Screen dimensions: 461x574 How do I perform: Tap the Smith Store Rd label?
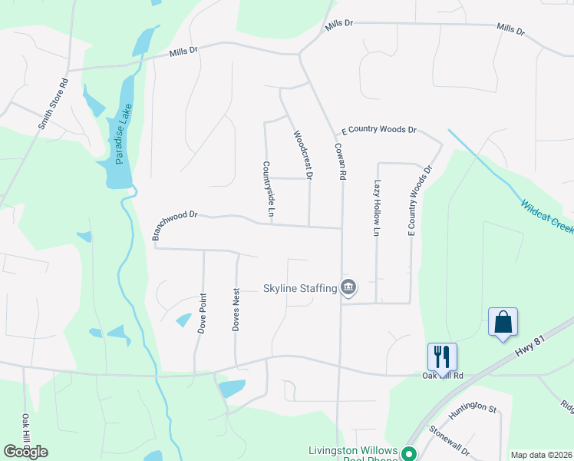54,103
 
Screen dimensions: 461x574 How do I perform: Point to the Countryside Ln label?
269,188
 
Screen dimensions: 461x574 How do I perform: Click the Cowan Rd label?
338,161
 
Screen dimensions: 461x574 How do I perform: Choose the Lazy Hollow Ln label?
377,207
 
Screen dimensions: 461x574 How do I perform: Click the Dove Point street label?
203,312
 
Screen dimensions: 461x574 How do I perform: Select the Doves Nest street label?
236,310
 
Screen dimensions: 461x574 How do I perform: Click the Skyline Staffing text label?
300,288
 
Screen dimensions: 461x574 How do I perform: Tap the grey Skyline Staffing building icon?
348,287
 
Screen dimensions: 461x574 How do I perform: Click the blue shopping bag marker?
503,321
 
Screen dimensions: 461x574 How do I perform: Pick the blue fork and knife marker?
442,356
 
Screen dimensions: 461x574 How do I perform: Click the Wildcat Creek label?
547,218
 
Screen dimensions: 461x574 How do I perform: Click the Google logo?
25,452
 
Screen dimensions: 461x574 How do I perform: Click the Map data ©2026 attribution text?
541,455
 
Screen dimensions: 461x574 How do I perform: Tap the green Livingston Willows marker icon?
409,453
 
